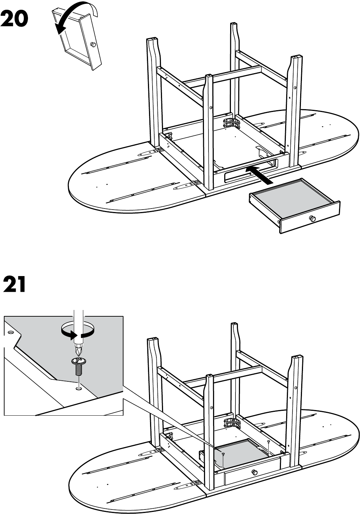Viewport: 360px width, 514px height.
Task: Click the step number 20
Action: (14, 19)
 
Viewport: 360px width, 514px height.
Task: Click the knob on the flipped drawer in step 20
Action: (93, 44)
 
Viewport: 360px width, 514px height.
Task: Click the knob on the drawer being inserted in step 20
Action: (312, 218)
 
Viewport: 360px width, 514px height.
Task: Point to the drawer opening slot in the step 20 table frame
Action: (251, 170)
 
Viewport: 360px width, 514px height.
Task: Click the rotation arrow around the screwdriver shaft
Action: (78, 332)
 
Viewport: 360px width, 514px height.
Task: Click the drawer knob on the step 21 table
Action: (254, 472)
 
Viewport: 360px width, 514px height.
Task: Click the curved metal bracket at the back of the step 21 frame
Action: (232, 423)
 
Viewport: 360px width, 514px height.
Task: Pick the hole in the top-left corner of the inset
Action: (11, 332)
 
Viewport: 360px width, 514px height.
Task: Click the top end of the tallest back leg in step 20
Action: (233, 24)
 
